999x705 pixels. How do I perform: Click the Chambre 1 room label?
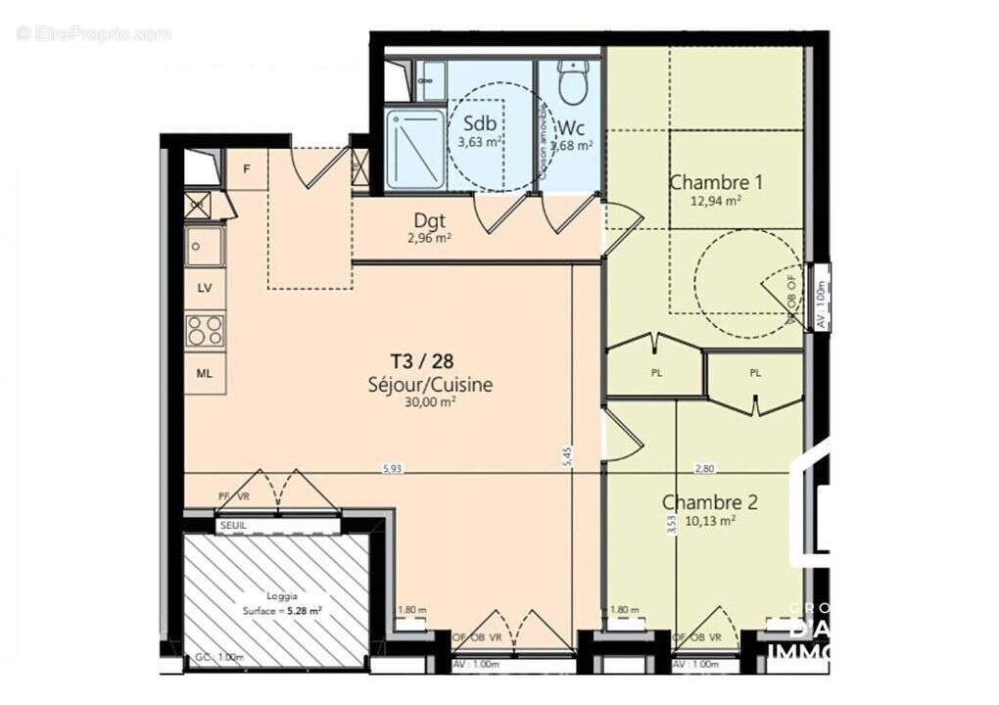coord(715,182)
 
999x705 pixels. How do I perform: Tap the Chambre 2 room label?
coord(710,502)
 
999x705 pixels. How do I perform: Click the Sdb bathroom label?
coord(479,124)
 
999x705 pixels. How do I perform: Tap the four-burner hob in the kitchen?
coord(206,330)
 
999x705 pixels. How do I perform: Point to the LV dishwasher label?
coord(205,289)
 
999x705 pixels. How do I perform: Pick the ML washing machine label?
coord(205,373)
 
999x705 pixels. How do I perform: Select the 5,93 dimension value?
coord(392,469)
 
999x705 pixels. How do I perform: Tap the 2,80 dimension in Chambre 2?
coord(704,469)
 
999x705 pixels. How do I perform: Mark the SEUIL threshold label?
coord(233,526)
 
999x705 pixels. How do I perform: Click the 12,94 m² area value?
coord(715,200)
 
